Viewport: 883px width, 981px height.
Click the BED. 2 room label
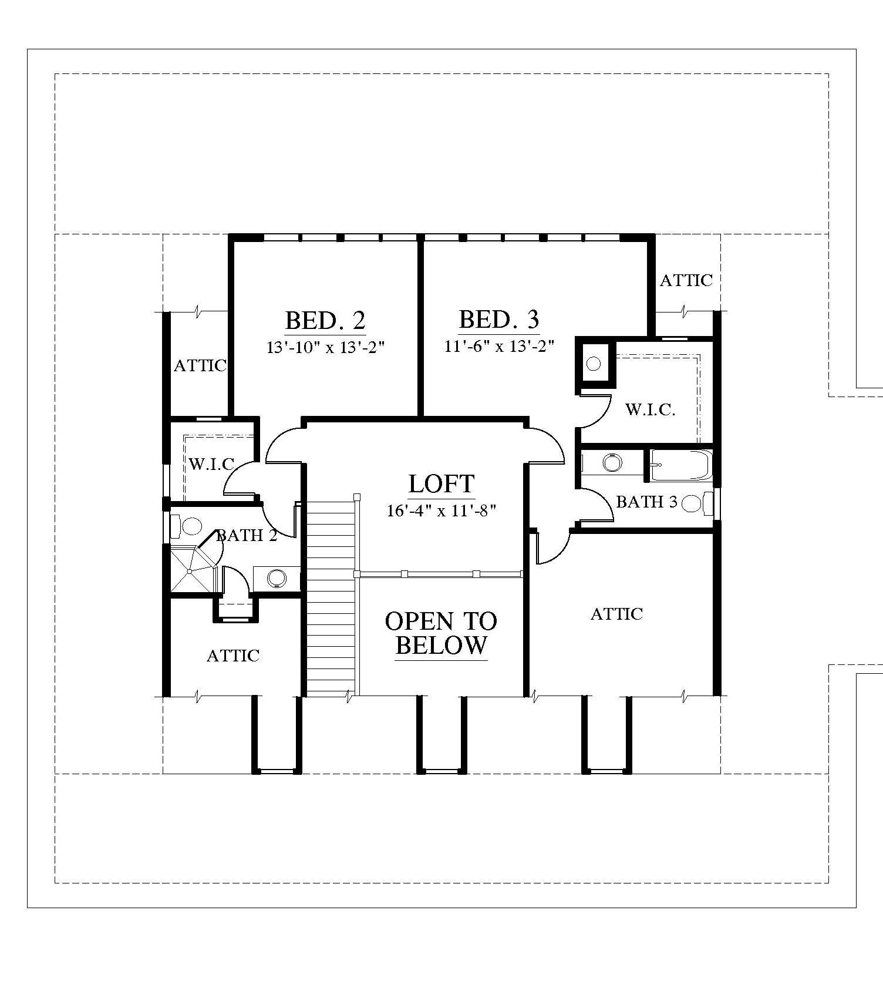pyautogui.click(x=325, y=321)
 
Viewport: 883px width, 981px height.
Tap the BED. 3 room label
pyautogui.click(x=498, y=320)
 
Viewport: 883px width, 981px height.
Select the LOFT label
pyautogui.click(x=441, y=484)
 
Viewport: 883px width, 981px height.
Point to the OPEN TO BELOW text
pyautogui.click(x=441, y=633)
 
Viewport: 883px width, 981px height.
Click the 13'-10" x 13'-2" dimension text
pyautogui.click(x=325, y=347)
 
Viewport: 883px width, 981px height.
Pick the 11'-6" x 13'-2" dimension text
pyautogui.click(x=499, y=346)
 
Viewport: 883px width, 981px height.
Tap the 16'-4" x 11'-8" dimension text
pyautogui.click(x=441, y=510)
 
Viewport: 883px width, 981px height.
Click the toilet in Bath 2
pyautogui.click(x=186, y=526)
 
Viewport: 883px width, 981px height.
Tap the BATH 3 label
pyautogui.click(x=646, y=502)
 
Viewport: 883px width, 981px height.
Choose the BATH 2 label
pyautogui.click(x=247, y=535)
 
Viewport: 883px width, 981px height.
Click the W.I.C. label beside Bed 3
pyautogui.click(x=650, y=409)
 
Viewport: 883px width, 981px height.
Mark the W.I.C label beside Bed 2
pyautogui.click(x=211, y=464)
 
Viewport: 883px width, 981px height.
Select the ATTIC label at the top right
pyautogui.click(x=686, y=280)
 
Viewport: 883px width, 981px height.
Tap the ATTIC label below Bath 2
pyautogui.click(x=233, y=656)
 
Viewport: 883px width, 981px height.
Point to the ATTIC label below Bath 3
pyautogui.click(x=616, y=614)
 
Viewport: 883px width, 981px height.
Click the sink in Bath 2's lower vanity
pyautogui.click(x=275, y=579)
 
